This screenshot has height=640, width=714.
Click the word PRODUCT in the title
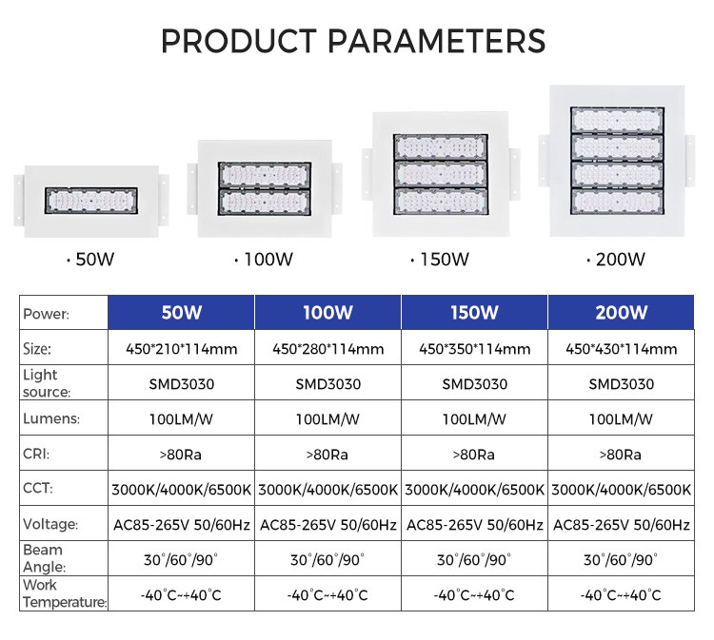pos(239,42)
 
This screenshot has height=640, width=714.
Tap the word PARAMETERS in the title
pos(437,42)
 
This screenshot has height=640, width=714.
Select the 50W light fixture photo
pos(91,201)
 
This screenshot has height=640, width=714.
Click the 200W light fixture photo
pos(617,161)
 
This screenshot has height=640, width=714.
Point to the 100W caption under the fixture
pos(264,260)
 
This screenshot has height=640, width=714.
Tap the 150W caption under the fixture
pos(440,260)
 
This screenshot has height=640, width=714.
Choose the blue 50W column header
pos(181,313)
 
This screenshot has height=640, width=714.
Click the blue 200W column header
pos(621,313)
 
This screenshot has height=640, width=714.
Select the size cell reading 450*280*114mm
pos(327,349)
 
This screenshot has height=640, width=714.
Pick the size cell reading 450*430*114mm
pos(621,349)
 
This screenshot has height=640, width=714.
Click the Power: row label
pos(46,314)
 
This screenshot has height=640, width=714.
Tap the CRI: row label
pos(36,454)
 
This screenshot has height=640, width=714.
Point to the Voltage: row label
pos(50,524)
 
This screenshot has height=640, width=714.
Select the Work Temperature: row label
pos(65,593)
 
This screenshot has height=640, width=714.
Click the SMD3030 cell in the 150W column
pos(474,384)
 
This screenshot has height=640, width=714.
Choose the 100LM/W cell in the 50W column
pos(181,419)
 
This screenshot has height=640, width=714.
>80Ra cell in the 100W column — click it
pos(327,455)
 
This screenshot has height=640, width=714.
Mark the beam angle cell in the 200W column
pos(621,559)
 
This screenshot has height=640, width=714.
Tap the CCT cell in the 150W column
pos(474,490)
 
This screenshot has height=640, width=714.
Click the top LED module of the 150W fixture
pos(441,147)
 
